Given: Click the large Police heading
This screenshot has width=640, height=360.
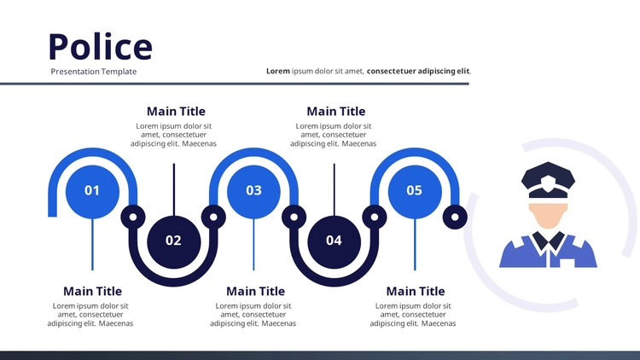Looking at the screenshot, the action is [x=101, y=47].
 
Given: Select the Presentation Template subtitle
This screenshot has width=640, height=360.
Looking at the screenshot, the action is [x=94, y=72].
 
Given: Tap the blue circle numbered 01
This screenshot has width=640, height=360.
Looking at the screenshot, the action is [x=92, y=191].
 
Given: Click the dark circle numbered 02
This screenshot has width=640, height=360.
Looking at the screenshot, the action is [x=173, y=241].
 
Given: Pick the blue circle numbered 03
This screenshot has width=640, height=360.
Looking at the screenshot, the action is [x=253, y=191].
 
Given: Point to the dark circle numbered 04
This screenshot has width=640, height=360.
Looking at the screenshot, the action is [x=334, y=241].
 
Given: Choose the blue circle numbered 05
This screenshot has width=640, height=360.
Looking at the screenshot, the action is [x=415, y=191].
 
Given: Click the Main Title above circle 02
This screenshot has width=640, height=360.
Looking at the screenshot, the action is [x=176, y=112].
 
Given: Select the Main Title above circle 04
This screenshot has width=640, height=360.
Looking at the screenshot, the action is [x=336, y=112].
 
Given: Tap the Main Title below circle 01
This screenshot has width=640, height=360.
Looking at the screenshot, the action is [x=92, y=292].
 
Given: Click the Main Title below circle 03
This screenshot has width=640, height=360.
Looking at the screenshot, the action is [x=255, y=292].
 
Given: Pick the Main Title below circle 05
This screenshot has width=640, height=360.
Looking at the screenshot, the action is [x=416, y=292].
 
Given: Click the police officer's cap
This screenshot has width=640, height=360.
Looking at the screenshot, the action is [x=548, y=180].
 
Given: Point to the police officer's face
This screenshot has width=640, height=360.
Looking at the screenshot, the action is [x=548, y=216].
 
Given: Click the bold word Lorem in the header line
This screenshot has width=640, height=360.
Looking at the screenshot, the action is [x=278, y=71].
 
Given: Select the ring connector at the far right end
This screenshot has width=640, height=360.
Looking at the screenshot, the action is [x=455, y=218].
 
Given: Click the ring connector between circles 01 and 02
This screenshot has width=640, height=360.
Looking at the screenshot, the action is [x=132, y=218].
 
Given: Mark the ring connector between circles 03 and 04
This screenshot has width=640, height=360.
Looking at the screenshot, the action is [x=294, y=218].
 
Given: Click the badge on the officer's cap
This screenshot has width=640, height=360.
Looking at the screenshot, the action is [x=548, y=181].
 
